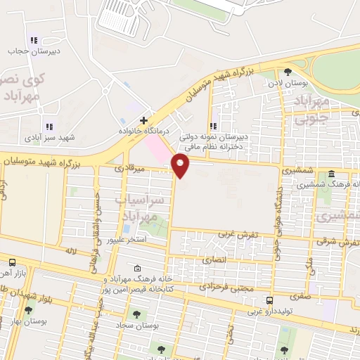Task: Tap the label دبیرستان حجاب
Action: [x=27, y=51]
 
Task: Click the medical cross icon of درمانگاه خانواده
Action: [x=143, y=120]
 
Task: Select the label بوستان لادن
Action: [x=289, y=83]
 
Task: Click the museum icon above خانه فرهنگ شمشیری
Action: [x=330, y=174]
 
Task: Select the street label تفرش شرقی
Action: [x=341, y=242]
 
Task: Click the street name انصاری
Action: [x=217, y=259]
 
